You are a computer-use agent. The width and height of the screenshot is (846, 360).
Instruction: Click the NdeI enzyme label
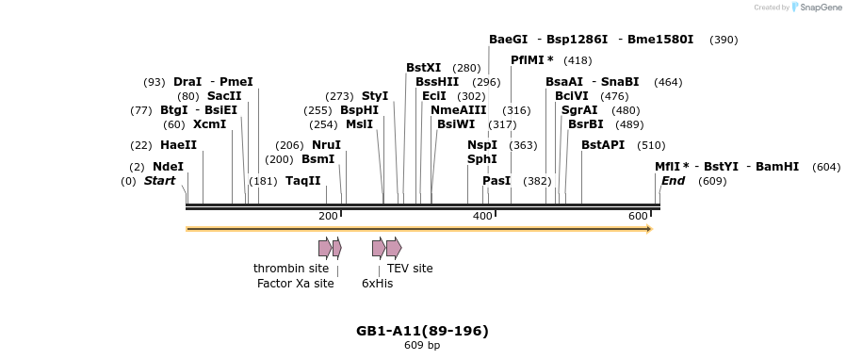coord(168,167)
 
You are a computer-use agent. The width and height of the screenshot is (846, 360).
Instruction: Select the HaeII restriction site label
coord(178,145)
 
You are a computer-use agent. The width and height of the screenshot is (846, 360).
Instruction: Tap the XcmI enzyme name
coord(209,124)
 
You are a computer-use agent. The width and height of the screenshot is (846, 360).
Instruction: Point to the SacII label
coord(224,96)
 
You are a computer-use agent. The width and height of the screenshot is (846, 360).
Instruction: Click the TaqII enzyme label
coord(303,181)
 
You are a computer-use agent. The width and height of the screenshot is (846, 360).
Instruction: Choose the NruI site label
coord(326,145)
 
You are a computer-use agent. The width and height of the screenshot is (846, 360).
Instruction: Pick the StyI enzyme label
coord(375,96)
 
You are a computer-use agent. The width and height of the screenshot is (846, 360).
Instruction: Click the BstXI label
coord(423,68)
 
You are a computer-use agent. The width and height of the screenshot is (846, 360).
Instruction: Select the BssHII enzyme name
coord(437,82)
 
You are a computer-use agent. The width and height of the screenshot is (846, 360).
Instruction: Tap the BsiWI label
coord(456,124)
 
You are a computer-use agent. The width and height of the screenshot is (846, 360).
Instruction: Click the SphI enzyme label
coord(481,159)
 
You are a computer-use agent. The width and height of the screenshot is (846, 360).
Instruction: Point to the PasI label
coord(496,181)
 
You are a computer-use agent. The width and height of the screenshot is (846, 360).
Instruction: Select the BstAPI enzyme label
coord(603,145)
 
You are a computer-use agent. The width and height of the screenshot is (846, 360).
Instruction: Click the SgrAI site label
coord(579,110)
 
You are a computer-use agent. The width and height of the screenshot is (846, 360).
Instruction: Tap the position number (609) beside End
coord(712,181)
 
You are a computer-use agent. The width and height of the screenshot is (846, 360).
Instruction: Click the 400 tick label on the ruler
coord(482,217)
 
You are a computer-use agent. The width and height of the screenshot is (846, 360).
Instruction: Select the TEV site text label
coord(410,269)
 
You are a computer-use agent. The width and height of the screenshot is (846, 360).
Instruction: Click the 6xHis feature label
coord(377,283)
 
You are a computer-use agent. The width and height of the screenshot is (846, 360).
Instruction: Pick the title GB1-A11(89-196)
coord(422,331)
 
